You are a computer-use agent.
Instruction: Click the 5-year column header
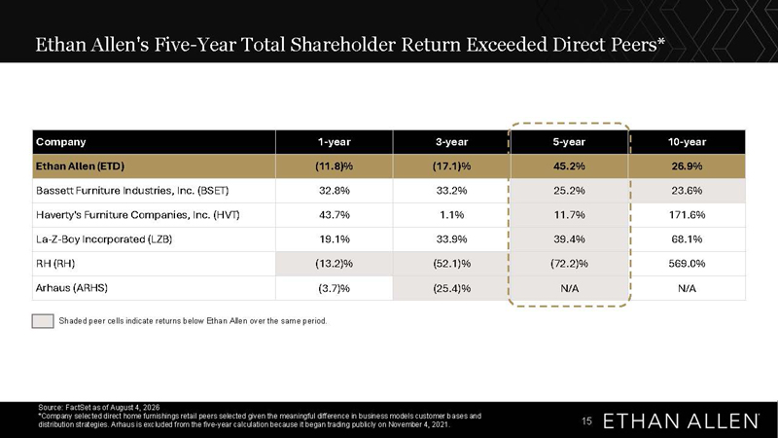[x=569, y=142]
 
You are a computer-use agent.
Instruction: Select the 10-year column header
[x=687, y=142]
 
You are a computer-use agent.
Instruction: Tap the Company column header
[x=60, y=142]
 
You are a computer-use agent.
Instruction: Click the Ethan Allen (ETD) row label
[x=80, y=166]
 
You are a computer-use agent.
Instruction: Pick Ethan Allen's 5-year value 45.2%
[x=569, y=166]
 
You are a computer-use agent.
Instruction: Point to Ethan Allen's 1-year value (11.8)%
[x=334, y=166]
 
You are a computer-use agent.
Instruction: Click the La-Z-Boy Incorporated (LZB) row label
[x=104, y=239]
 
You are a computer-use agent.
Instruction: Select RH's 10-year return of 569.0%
[x=687, y=264]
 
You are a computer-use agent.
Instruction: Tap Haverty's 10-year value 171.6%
[x=687, y=215]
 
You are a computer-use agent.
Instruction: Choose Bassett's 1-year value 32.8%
[x=334, y=191]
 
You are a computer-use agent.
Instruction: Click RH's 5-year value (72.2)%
[x=569, y=264]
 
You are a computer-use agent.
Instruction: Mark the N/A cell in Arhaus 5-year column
[x=569, y=288]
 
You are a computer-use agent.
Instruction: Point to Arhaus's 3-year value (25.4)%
[x=451, y=288]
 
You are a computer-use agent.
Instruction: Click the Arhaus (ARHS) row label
[x=71, y=288]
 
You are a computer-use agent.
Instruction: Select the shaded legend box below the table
[x=43, y=321]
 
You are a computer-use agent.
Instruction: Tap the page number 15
[x=586, y=421]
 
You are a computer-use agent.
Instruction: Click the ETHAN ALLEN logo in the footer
[x=681, y=421]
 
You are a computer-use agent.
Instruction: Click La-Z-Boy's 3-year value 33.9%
[x=451, y=239]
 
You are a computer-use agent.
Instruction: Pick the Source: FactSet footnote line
[x=99, y=407]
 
